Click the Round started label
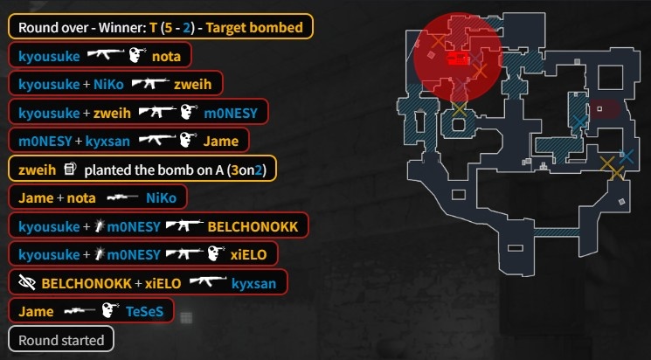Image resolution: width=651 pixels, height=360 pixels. pyautogui.click(x=61, y=339)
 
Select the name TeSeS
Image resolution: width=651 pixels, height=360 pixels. pyautogui.click(x=146, y=311)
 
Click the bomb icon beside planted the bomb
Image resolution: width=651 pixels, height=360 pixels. pyautogui.click(x=71, y=169)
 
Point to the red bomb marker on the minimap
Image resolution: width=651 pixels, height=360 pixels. pyautogui.click(x=457, y=59)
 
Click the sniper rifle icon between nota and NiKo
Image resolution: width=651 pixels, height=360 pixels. pyautogui.click(x=118, y=197)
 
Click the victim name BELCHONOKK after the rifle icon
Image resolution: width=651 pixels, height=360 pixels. pyautogui.click(x=253, y=226)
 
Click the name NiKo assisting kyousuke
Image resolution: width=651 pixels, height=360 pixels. pyautogui.click(x=107, y=84)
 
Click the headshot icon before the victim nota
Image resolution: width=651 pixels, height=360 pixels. pyautogui.click(x=135, y=56)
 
